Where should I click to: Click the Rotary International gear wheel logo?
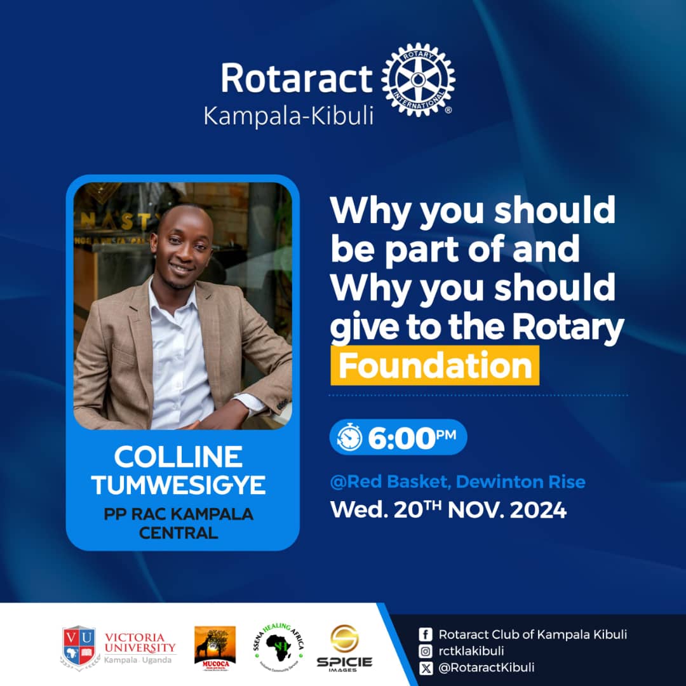(x=418, y=80)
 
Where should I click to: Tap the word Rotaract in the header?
(x=296, y=79)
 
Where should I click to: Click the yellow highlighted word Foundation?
(x=435, y=366)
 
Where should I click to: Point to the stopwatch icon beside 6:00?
(x=349, y=438)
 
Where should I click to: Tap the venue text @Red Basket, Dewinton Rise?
(x=457, y=482)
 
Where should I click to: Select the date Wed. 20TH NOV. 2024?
(x=448, y=510)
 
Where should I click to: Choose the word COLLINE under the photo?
(x=178, y=457)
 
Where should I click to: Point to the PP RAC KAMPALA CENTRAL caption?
(x=178, y=523)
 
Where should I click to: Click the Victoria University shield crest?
(x=79, y=645)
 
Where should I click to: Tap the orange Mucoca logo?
(x=215, y=646)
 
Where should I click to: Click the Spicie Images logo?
(x=344, y=647)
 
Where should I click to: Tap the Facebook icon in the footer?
(x=426, y=635)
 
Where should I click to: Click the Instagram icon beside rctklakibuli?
(x=426, y=650)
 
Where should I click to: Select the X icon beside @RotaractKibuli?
(x=426, y=667)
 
